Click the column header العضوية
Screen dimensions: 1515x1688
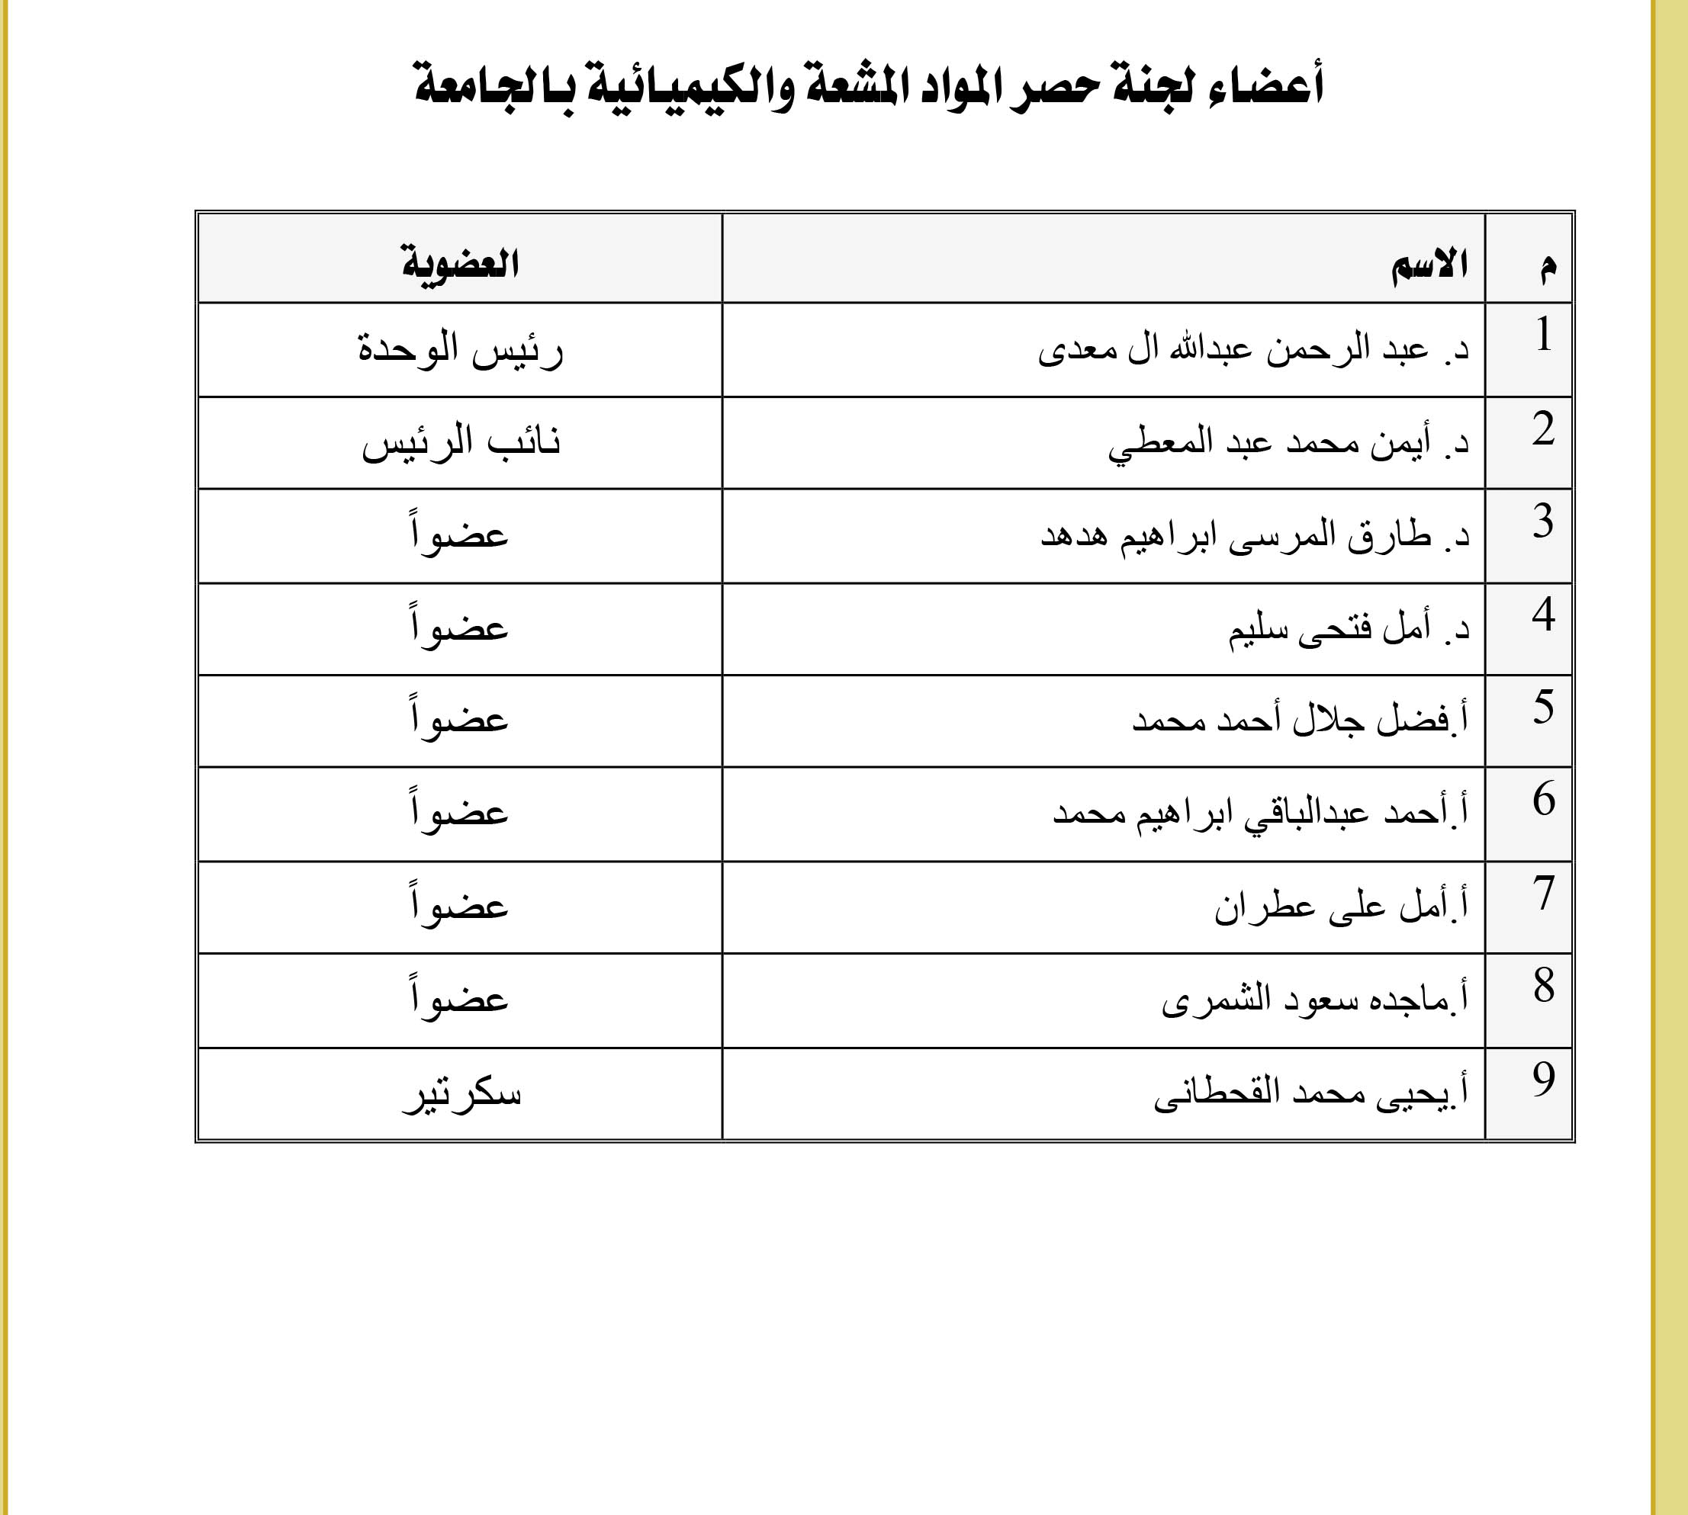(x=461, y=264)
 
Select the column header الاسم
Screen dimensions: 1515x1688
(x=1429, y=265)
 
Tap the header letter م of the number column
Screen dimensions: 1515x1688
(x=1547, y=266)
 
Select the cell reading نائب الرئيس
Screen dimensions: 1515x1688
(x=461, y=442)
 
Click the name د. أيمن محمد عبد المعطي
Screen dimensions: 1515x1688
(x=1288, y=442)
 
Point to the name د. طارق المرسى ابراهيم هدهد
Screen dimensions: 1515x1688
(x=1255, y=535)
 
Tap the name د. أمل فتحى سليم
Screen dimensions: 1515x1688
(x=1349, y=628)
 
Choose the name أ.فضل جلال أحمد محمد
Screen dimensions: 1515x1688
(x=1300, y=720)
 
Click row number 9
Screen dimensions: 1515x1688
(x=1543, y=1080)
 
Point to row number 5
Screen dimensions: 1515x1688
(x=1543, y=707)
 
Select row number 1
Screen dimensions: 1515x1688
(x=1543, y=335)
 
